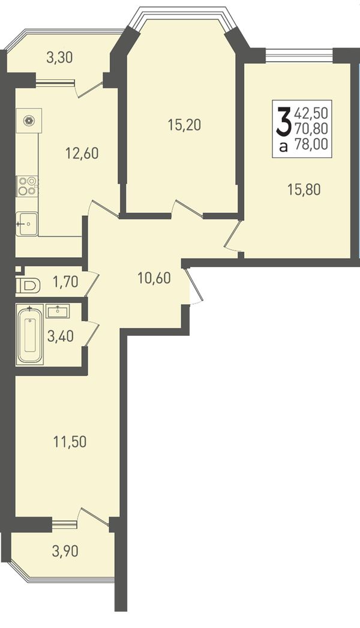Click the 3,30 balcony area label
tap(59, 58)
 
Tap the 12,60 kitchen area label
tap(82, 153)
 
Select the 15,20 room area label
tap(184, 125)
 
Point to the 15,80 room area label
tap(304, 189)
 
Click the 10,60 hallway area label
tap(154, 277)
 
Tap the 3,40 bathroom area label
tap(61, 336)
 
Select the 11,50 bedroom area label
tap(70, 442)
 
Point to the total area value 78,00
tap(311, 143)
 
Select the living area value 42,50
tap(311, 113)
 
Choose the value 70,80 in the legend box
tap(311, 128)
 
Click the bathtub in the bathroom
tap(29, 335)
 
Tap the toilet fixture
tap(29, 286)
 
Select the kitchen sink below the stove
tap(27, 224)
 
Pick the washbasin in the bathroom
tap(58, 311)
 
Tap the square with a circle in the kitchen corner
tap(29, 119)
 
